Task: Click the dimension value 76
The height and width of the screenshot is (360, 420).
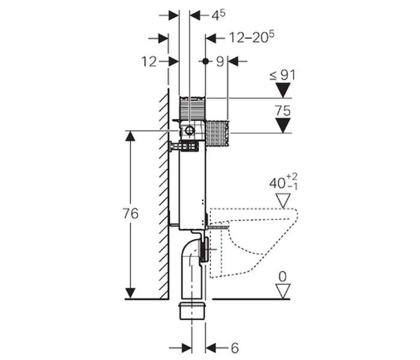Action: click(x=130, y=214)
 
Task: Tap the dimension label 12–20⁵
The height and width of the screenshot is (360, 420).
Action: click(x=252, y=37)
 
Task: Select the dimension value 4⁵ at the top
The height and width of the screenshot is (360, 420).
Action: click(x=218, y=15)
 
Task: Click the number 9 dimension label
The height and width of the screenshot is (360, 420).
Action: click(x=220, y=62)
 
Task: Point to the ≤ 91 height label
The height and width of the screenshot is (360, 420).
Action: click(x=283, y=75)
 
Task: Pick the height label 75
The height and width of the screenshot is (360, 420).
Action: click(x=283, y=110)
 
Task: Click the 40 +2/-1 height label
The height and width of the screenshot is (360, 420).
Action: click(x=283, y=182)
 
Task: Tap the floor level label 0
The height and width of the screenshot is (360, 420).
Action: click(x=283, y=277)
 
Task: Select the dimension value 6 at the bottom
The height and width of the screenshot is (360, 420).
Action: click(x=235, y=348)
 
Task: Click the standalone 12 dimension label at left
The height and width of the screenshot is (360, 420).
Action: click(x=149, y=62)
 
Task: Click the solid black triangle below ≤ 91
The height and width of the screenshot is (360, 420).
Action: click(x=283, y=90)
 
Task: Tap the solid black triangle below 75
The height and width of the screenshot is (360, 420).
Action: click(x=283, y=125)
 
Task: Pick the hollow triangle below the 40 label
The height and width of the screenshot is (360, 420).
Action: click(x=283, y=202)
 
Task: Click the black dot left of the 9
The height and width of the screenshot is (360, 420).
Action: click(x=205, y=61)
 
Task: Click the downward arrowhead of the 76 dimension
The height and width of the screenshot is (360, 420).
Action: click(x=130, y=293)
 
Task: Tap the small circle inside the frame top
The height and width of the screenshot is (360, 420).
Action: click(x=190, y=130)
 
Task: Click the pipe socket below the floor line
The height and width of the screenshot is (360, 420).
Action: click(x=192, y=311)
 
